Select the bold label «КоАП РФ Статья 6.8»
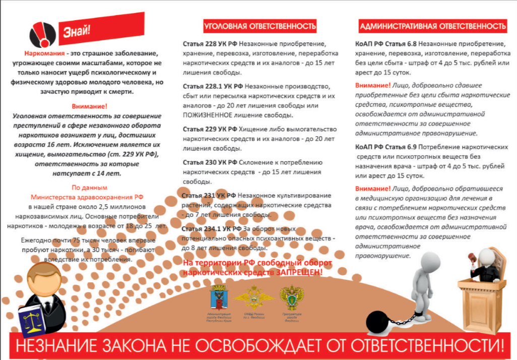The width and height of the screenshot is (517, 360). tap(385, 44)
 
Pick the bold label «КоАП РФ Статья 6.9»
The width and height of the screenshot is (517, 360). tap(385, 147)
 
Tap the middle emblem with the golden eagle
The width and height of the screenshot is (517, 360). tap(248, 298)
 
